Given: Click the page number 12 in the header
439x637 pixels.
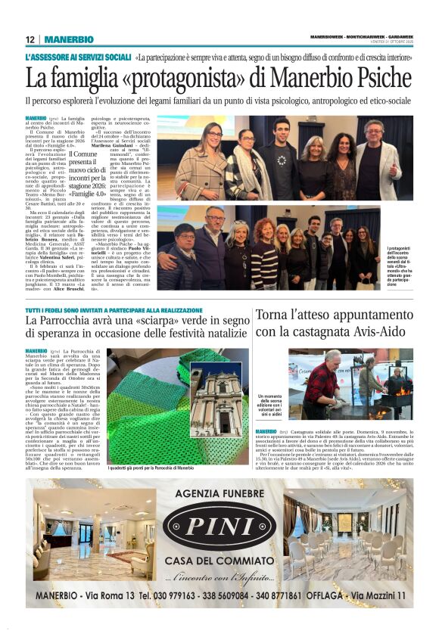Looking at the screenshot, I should (30, 39).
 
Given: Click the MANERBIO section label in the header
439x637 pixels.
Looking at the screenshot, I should (68, 39).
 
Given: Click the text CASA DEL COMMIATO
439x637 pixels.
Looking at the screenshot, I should (219, 561).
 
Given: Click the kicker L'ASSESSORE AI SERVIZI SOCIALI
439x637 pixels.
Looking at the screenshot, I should (79, 57).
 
